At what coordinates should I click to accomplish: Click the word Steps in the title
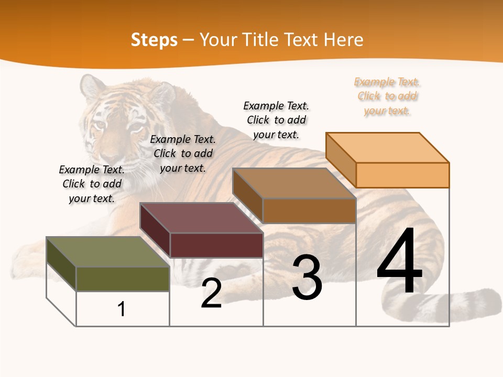click(x=154, y=40)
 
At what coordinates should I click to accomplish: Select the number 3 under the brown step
click(x=307, y=278)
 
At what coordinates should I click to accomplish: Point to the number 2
click(x=211, y=293)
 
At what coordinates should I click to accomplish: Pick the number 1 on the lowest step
click(x=122, y=309)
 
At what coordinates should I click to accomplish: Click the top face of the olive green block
click(x=107, y=252)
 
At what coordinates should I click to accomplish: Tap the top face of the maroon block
click(x=201, y=218)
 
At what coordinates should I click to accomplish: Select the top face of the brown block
click(x=294, y=183)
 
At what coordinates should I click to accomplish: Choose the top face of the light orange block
click(x=387, y=148)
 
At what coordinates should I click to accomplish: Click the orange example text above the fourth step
click(x=387, y=96)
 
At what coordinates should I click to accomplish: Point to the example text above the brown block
click(x=276, y=120)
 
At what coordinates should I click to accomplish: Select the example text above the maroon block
click(x=183, y=153)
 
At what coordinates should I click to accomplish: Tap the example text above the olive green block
click(x=92, y=184)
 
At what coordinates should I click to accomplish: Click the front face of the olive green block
click(x=123, y=279)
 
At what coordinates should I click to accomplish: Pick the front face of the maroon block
click(x=216, y=245)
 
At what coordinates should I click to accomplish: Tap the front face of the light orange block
click(x=402, y=175)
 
